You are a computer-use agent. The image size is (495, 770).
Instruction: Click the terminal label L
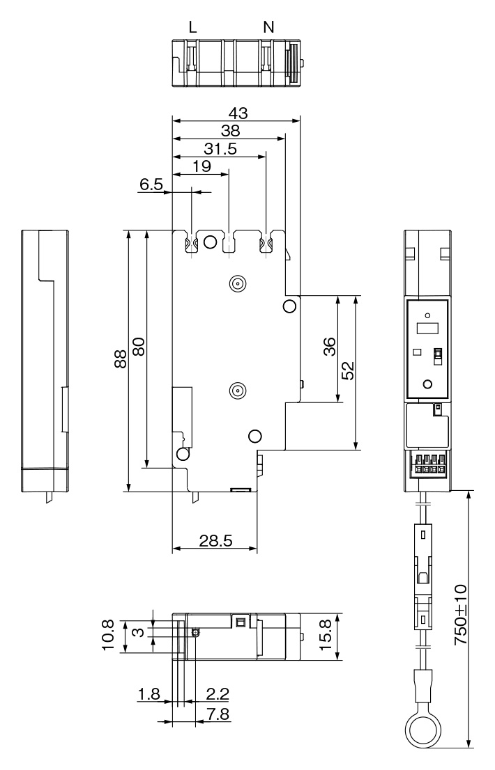click(x=193, y=27)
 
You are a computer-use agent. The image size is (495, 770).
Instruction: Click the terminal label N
click(x=269, y=27)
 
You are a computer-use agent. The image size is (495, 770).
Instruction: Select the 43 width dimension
click(x=238, y=113)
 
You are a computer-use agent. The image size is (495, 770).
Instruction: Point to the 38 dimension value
click(x=230, y=131)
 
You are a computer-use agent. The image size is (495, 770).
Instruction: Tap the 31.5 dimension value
click(x=220, y=149)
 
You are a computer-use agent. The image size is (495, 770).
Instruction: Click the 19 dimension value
click(x=201, y=166)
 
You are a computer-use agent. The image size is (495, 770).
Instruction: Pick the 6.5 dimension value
click(x=151, y=184)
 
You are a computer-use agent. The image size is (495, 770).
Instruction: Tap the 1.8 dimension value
click(x=149, y=694)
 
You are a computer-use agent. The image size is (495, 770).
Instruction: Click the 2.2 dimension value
click(x=218, y=694)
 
